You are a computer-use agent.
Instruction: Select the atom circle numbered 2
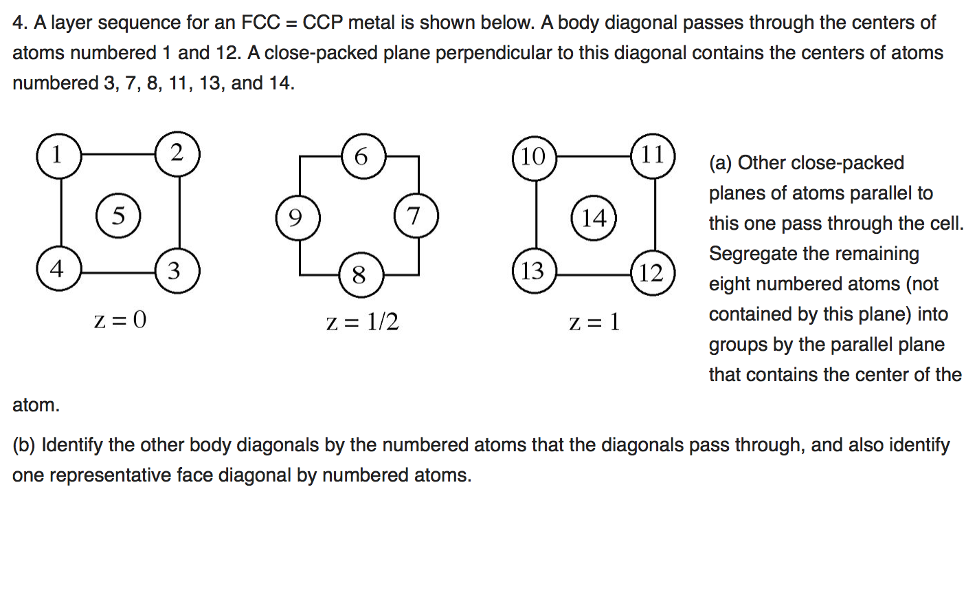pyautogui.click(x=177, y=154)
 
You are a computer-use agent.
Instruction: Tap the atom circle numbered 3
pyautogui.click(x=177, y=271)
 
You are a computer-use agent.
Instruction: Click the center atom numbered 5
pyautogui.click(x=118, y=216)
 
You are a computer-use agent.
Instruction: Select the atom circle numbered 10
pyautogui.click(x=534, y=158)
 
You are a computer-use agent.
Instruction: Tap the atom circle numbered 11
pyautogui.click(x=653, y=155)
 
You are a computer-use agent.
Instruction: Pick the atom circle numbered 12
pyautogui.click(x=652, y=273)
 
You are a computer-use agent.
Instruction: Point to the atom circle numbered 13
pyautogui.click(x=534, y=271)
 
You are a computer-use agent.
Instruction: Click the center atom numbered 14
pyautogui.click(x=594, y=218)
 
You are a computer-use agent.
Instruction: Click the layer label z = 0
pyautogui.click(x=120, y=320)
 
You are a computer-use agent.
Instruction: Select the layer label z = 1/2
pyautogui.click(x=362, y=322)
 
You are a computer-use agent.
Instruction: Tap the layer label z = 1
pyautogui.click(x=594, y=322)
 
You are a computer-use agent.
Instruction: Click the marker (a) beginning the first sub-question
pyautogui.click(x=720, y=163)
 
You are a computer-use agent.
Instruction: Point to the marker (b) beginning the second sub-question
pyautogui.click(x=24, y=445)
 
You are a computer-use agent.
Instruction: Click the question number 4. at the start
pyautogui.click(x=20, y=23)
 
